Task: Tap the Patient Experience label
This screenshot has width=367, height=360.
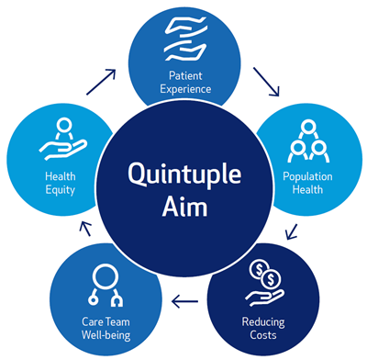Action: [x=183, y=82]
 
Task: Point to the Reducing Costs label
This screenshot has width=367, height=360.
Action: [x=262, y=329]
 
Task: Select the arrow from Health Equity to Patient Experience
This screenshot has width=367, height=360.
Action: [x=101, y=81]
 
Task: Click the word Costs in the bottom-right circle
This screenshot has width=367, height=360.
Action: [x=262, y=335]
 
